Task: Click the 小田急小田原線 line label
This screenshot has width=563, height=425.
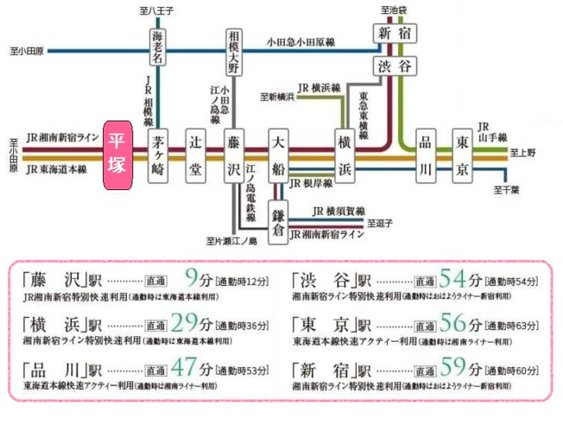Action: pyautogui.click(x=300, y=41)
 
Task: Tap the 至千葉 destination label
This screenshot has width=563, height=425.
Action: pyautogui.click(x=506, y=190)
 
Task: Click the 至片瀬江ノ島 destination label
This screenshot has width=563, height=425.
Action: pyautogui.click(x=232, y=241)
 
